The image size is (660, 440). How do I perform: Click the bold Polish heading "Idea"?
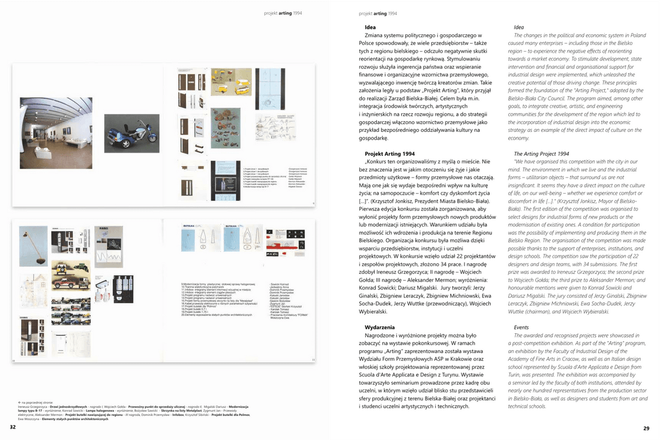(x=370, y=28)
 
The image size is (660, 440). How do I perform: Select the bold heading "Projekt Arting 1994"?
(x=389, y=154)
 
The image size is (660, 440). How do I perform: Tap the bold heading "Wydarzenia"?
(x=380, y=327)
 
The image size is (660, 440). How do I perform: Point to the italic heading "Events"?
(x=521, y=327)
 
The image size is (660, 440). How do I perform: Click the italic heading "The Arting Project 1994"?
(x=541, y=154)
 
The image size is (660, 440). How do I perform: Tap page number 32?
(x=13, y=427)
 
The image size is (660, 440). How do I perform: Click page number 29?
(x=646, y=427)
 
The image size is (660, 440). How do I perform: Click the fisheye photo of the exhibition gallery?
(x=56, y=132)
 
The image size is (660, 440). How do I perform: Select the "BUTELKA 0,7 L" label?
(x=190, y=227)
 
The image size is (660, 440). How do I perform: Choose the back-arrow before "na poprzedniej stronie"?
(x=20, y=402)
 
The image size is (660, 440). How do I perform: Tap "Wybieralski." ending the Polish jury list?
(x=379, y=312)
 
